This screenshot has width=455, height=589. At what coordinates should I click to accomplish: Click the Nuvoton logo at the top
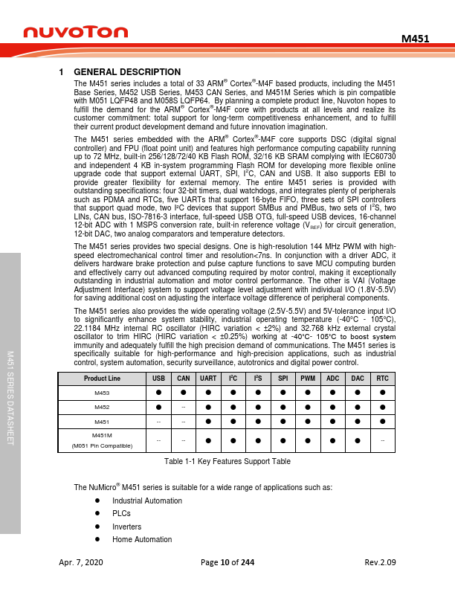click(x=77, y=33)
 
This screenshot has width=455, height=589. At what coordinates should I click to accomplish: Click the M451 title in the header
click(x=415, y=38)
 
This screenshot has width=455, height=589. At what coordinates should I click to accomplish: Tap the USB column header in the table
click(x=158, y=379)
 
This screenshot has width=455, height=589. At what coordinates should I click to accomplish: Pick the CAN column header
click(x=183, y=379)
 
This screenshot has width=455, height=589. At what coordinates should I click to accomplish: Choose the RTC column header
click(x=382, y=379)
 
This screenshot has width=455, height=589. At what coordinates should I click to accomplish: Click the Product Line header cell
click(x=100, y=379)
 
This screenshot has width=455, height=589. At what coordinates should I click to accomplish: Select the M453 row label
click(x=100, y=393)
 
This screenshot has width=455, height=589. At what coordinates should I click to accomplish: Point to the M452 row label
click(x=100, y=407)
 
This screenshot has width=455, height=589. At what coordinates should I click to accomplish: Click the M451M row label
click(x=100, y=435)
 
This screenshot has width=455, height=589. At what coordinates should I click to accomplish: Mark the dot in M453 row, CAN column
click(x=183, y=393)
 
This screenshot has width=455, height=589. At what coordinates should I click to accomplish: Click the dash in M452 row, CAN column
click(x=183, y=407)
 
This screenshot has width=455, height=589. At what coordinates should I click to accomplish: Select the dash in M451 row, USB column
click(x=158, y=422)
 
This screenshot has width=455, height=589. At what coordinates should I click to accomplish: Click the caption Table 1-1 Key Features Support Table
click(x=227, y=462)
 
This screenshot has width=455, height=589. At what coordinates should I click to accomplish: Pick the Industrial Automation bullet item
click(x=146, y=501)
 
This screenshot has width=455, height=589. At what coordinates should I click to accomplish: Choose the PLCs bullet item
click(x=121, y=513)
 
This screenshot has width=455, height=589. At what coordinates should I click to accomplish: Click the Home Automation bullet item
click(x=142, y=539)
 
